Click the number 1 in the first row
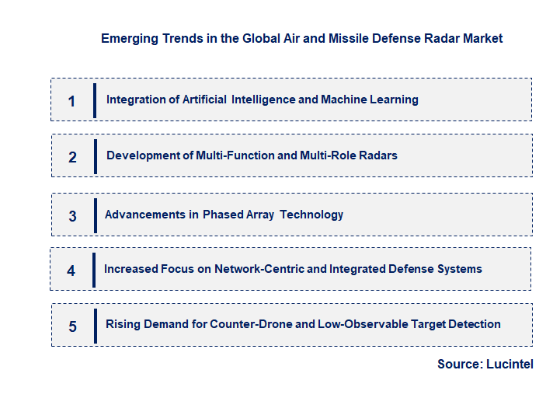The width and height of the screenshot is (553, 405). click(71, 101)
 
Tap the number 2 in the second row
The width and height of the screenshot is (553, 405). click(72, 157)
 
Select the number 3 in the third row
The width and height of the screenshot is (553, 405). click(72, 216)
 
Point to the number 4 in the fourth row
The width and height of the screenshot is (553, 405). click(71, 271)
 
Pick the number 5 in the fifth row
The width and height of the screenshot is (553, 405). click(72, 326)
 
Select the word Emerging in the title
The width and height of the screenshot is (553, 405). click(127, 38)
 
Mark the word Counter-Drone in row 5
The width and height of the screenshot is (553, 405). click(248, 324)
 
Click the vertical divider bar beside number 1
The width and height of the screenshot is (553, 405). click(95, 100)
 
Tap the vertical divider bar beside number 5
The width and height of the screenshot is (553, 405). click(95, 326)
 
